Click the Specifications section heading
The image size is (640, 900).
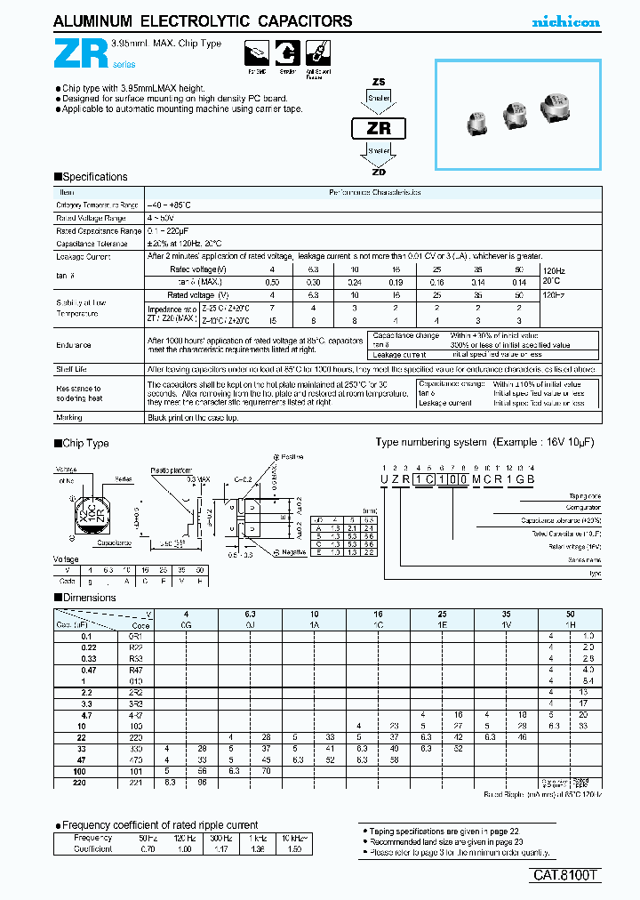click(92, 177)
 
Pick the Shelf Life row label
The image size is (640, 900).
click(73, 368)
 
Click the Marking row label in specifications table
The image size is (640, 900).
click(70, 416)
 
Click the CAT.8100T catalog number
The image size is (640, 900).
click(566, 875)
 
